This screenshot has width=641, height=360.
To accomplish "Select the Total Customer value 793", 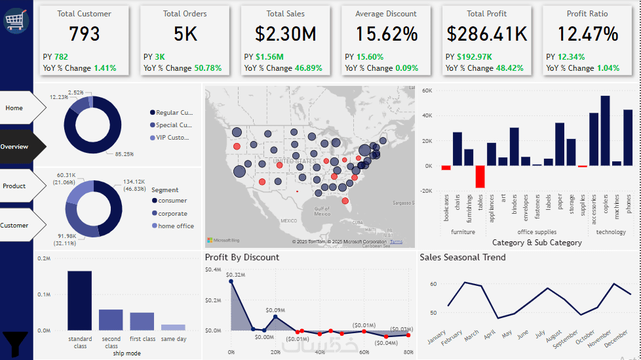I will (84, 34).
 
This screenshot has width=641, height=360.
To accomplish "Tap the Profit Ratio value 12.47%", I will (587, 34).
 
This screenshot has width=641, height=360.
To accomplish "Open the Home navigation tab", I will (15, 108).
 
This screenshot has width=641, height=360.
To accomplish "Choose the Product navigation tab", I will (15, 186).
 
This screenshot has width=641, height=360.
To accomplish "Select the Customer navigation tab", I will (15, 226).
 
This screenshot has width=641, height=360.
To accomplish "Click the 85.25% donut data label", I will (124, 154).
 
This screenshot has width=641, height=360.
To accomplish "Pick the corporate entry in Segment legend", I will (172, 214).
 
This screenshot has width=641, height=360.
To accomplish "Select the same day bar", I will (173, 327).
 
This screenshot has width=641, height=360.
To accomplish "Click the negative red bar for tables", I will (480, 177).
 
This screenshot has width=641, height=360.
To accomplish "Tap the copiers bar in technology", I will (605, 130).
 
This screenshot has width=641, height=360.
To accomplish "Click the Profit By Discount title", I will (242, 258).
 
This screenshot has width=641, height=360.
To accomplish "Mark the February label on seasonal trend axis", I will (453, 338).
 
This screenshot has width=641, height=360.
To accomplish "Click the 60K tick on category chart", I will (428, 90).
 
